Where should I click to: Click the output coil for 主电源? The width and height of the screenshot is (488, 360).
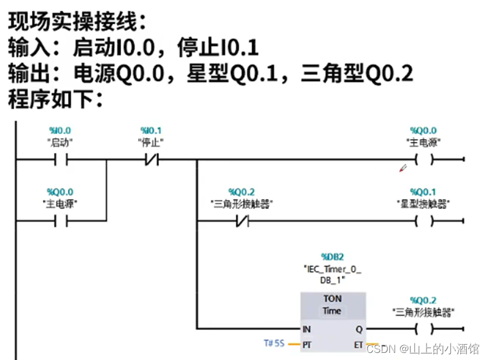[424, 159]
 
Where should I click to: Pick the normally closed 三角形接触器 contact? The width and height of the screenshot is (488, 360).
[242, 221]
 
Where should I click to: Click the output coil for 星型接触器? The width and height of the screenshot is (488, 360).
[424, 221]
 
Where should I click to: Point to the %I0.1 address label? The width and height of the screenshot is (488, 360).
[151, 130]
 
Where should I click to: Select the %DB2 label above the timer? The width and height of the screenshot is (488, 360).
[332, 257]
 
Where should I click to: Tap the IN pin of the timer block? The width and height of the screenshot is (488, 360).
[307, 329]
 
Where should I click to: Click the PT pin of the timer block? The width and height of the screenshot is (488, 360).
[307, 343]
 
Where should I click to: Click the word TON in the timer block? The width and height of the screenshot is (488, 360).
[333, 299]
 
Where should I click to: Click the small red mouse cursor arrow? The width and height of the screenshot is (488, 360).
[404, 168]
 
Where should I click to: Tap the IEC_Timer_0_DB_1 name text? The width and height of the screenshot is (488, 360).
[332, 274]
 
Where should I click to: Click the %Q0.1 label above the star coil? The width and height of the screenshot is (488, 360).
[423, 192]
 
